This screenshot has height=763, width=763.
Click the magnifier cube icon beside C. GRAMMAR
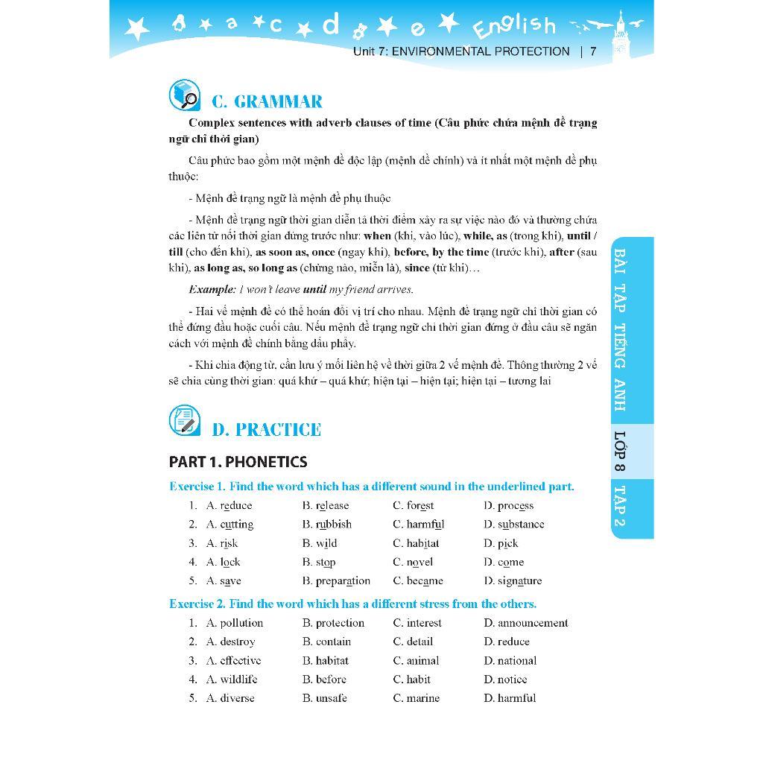coord(184,95)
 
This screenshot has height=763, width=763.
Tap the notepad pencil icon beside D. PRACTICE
coord(184,421)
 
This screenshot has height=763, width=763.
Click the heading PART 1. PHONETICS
coord(238,462)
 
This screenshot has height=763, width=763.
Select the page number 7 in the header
coord(593,51)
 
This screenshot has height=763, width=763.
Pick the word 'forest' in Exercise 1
coord(420,506)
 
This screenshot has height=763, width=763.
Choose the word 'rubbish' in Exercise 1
coord(333,525)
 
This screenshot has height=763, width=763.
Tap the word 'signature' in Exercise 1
coord(519,581)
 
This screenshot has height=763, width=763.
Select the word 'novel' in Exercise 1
coord(420,563)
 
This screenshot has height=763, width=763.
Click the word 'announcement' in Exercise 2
coord(533,623)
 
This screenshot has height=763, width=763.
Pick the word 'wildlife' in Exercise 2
coord(238,680)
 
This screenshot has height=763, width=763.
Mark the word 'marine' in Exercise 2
coord(422,698)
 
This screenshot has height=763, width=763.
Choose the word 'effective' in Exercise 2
coord(240,661)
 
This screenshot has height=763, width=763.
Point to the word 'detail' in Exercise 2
coord(419,642)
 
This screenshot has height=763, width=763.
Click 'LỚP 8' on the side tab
coord(620,451)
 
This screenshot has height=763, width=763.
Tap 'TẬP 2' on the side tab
coord(620,506)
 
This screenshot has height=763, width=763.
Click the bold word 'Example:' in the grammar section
coord(212,290)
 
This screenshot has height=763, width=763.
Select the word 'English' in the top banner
coord(515,27)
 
